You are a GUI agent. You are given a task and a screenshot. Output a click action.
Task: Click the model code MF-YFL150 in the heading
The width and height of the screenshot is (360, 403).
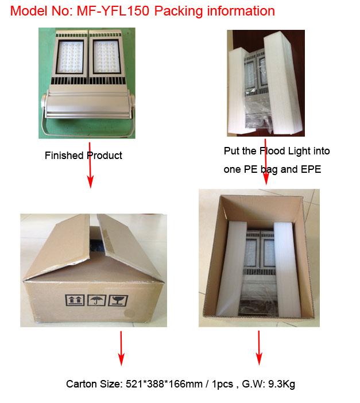[x=113, y=11]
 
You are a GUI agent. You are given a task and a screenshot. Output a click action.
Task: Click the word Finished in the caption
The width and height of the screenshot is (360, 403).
[x=64, y=156]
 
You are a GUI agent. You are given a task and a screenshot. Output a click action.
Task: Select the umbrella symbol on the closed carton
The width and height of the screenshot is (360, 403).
[x=96, y=300]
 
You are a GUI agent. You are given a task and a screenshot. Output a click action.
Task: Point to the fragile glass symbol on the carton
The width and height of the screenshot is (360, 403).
[x=118, y=300]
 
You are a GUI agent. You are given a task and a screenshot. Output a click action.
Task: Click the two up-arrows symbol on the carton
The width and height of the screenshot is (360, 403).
[x=75, y=300]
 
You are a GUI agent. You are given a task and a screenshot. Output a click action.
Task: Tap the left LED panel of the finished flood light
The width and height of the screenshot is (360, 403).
[x=70, y=57]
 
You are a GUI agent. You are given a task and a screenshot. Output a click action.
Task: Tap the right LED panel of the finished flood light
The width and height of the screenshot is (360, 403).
[x=106, y=57]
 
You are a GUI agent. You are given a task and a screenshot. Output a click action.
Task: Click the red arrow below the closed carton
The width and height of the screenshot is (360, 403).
[x=121, y=348]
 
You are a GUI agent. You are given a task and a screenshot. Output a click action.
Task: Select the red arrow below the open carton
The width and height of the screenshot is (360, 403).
[x=259, y=348]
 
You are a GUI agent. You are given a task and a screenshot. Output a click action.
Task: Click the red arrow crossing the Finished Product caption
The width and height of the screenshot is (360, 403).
[x=90, y=165]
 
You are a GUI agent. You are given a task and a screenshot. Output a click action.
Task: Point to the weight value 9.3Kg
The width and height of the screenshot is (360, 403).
[x=281, y=384]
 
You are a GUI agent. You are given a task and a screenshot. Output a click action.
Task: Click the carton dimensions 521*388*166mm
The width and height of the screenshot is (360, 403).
[x=164, y=384]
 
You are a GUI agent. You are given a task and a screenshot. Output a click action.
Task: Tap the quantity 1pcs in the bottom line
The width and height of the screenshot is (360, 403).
[x=222, y=384]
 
